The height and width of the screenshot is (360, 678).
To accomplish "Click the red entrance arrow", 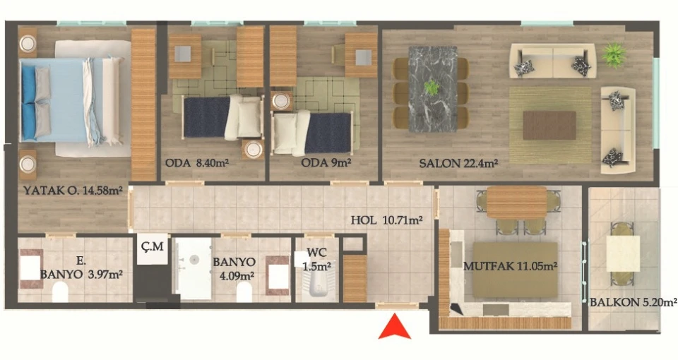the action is point(394,327).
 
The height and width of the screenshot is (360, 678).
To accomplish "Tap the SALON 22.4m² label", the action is point(459,163).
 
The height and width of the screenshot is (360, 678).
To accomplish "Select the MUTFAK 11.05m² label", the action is point(510,266).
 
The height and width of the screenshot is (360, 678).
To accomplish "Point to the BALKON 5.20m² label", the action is point(634,302).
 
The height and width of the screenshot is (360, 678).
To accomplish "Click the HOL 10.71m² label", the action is point(386,220).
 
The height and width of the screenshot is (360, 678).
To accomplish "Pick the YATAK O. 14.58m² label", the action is point(73,190).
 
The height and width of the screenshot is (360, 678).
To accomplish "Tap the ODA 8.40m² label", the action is point(197,163).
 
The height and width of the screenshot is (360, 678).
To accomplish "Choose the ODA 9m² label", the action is point(326,163).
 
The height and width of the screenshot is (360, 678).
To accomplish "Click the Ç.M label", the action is point(153,246).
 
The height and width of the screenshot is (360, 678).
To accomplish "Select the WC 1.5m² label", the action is point(317,259).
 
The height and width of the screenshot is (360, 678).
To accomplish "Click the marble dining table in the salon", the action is point(433,89).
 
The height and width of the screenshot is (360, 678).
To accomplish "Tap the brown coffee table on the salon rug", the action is point(549,126).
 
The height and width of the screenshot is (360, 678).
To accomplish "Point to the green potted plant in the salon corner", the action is point(614,54).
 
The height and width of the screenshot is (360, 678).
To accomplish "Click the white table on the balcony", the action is point(623,253).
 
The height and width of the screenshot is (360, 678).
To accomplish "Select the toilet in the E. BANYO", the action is point(61,292).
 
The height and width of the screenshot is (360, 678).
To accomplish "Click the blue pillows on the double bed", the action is point(28,103).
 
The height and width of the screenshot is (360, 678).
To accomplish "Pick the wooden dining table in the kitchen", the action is point(517,203).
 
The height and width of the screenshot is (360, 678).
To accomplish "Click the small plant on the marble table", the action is point(431,88).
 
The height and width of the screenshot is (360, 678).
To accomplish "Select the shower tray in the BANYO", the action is point(194,268).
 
